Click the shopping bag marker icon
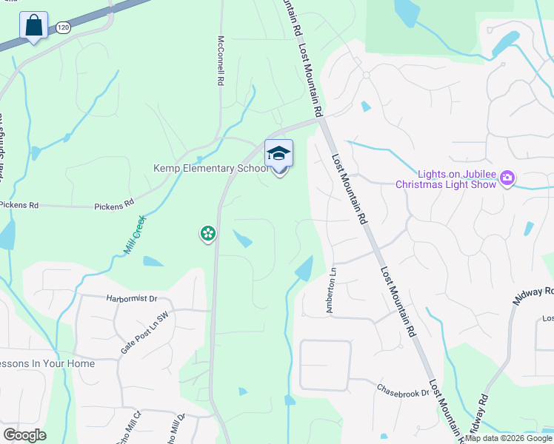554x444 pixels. click(x=33, y=26)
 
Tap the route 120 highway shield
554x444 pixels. click(x=61, y=28)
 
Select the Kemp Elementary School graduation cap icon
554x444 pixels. click(x=278, y=154)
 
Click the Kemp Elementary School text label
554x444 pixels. click(x=210, y=168)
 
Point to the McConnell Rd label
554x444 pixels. click(x=221, y=61)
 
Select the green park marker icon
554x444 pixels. click(x=207, y=234)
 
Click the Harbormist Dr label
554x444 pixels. click(x=132, y=299)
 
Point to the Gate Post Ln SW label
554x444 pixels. click(x=146, y=332)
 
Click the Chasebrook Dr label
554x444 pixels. click(x=403, y=389)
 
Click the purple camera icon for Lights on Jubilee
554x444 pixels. click(x=507, y=177)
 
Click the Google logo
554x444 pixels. click(x=24, y=435)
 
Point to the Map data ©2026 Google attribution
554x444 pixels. click(x=508, y=438)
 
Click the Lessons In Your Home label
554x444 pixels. click(x=47, y=363)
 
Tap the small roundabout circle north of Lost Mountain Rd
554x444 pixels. click(x=366, y=75)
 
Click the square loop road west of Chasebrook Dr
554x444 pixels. click(x=324, y=366)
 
